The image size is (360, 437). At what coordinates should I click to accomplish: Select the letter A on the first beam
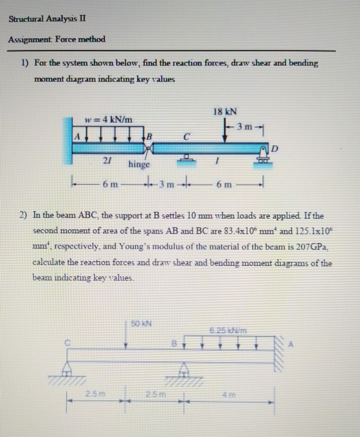(x=77, y=136)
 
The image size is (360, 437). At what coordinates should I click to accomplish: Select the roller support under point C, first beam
(x=186, y=157)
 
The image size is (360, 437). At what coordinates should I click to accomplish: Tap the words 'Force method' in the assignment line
(x=82, y=40)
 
